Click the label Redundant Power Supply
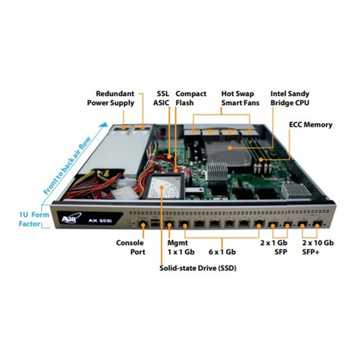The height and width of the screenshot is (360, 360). [110, 98]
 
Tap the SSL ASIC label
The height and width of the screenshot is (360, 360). [161, 98]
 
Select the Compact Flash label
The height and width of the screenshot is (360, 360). [191, 98]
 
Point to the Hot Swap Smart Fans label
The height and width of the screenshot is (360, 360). [238, 98]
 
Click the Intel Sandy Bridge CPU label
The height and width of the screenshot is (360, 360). [290, 98]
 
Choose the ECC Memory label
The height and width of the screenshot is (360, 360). [310, 125]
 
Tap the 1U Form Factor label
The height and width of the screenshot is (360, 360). [34, 219]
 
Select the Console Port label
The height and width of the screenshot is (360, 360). [130, 247]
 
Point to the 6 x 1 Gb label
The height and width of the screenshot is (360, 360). [223, 252]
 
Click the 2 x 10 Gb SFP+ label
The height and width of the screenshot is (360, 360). [318, 247]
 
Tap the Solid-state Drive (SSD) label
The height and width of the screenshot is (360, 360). [198, 268]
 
